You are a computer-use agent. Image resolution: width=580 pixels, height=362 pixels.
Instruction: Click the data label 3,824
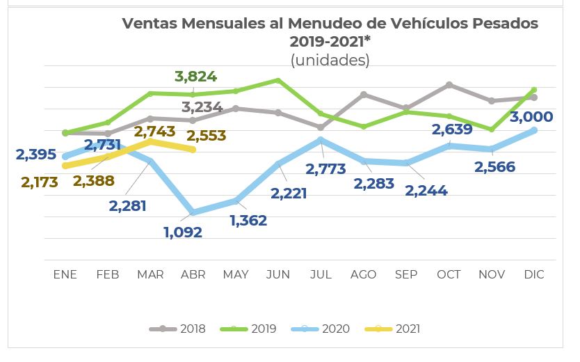[x=196, y=77]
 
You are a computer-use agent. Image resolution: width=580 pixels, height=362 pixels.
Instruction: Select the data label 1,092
[x=183, y=233]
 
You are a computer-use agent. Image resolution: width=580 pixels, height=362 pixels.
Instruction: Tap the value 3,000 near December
[x=531, y=117]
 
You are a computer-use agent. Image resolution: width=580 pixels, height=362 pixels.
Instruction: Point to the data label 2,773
[x=326, y=169]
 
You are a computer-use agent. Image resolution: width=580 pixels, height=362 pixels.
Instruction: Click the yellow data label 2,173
[x=40, y=182]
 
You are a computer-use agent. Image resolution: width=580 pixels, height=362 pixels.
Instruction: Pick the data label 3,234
[x=202, y=107]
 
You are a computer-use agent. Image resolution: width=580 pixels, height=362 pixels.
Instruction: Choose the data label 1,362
[x=248, y=221]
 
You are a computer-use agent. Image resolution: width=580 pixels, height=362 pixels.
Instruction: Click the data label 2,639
[x=452, y=129]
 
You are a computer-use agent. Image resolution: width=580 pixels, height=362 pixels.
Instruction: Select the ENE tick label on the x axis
[x=65, y=274]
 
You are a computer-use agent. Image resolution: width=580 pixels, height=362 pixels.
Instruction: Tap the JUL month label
[x=321, y=274]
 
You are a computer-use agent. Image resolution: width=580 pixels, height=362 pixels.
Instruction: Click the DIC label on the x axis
[x=533, y=274]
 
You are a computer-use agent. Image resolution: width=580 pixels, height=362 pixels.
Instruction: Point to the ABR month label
[x=193, y=274]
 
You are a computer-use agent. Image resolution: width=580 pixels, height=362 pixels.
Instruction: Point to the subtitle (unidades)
[x=330, y=60]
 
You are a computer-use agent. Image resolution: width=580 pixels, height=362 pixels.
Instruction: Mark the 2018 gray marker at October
[x=449, y=85]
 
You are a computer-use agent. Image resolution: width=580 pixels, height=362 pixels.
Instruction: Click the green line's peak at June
[x=278, y=81]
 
